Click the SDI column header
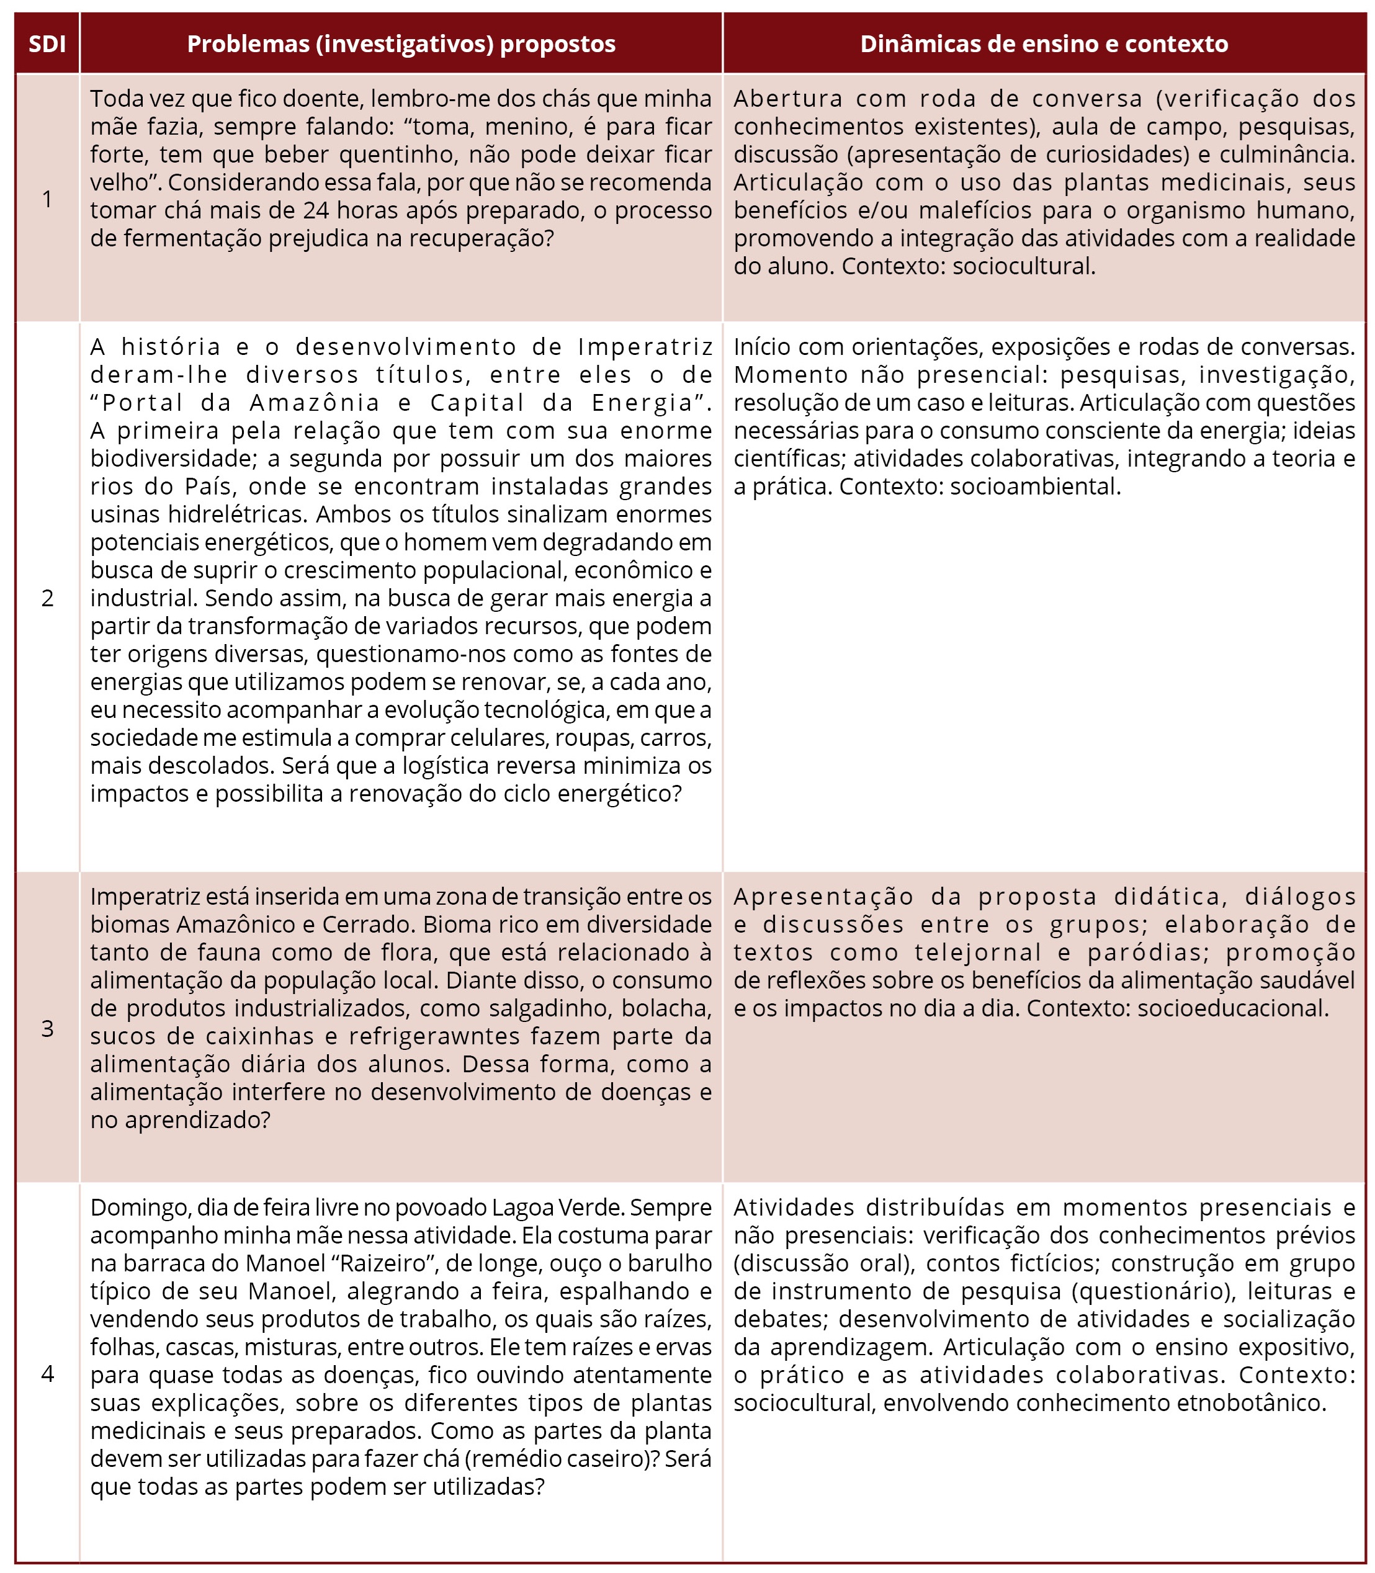tap(47, 43)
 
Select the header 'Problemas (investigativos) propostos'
tap(401, 43)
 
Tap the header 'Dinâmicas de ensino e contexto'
tap(1044, 43)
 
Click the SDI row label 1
tap(47, 200)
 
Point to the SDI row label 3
tap(47, 1029)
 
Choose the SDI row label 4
tap(47, 1373)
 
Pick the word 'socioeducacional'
tap(1232, 1008)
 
